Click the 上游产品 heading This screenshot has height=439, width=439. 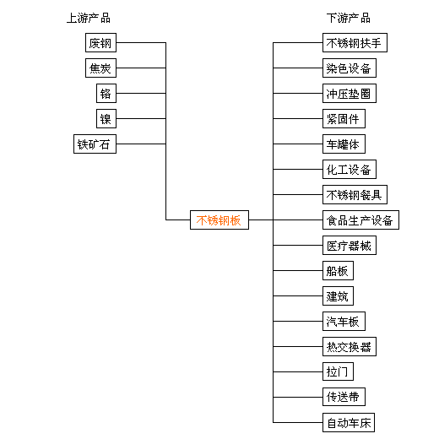coord(89,19)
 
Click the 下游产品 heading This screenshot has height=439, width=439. coord(349,19)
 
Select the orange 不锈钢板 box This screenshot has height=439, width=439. coord(219,219)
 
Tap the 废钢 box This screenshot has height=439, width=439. coord(100,43)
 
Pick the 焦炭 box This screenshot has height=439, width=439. coord(100,68)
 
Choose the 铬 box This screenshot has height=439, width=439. coord(106,93)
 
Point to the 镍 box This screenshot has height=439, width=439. coord(106,118)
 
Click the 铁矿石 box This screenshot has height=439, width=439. coord(95,144)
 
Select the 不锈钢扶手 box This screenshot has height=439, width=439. coord(355,43)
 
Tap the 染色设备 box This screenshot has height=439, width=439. coord(350,68)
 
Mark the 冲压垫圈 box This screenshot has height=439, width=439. coord(350,93)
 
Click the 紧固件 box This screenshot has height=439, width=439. coord(344,118)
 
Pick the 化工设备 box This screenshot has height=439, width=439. coord(350,169)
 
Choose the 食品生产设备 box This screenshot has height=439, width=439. coord(360,219)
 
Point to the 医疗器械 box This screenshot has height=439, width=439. coord(350,245)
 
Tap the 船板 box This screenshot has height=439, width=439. coord(338,270)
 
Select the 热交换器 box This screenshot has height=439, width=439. coord(350,346)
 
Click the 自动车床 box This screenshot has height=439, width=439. coord(349,422)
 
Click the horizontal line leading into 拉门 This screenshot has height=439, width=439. coord(298,371)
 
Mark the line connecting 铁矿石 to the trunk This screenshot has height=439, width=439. coord(141,144)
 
